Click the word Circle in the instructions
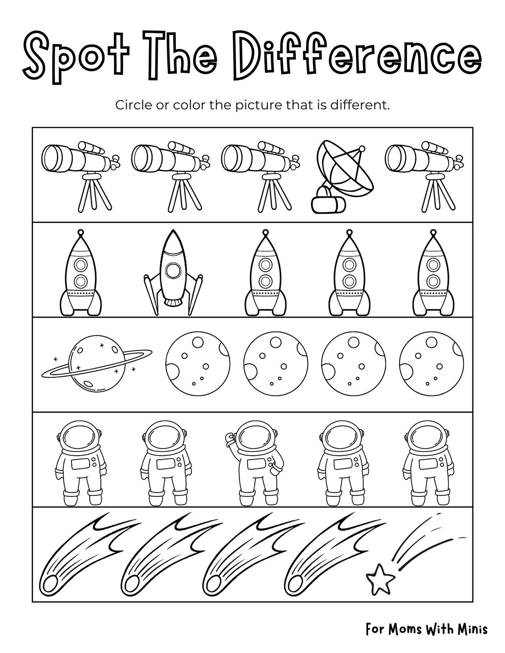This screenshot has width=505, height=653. pyautogui.click(x=130, y=105)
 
